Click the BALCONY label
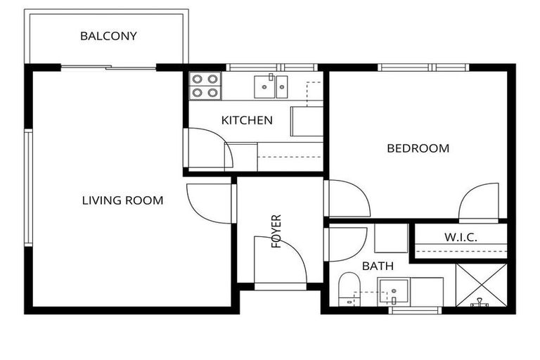pyautogui.click(x=108, y=36)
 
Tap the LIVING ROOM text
pyautogui.click(x=122, y=200)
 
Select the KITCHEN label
pyautogui.click(x=247, y=120)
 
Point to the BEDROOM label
pyautogui.click(x=418, y=148)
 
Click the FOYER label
pyautogui.click(x=276, y=231)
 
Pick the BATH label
pyautogui.click(x=378, y=266)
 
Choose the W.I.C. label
pyautogui.click(x=461, y=238)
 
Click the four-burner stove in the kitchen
pyautogui.click(x=205, y=86)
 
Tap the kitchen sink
pyautogui.click(x=271, y=86)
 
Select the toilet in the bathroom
pyautogui.click(x=349, y=289)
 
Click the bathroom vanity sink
pyautogui.click(x=394, y=292)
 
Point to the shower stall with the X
pyautogui.click(x=481, y=285)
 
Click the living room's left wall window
pyautogui.click(x=28, y=188)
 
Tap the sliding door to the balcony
pyautogui.click(x=108, y=67)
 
